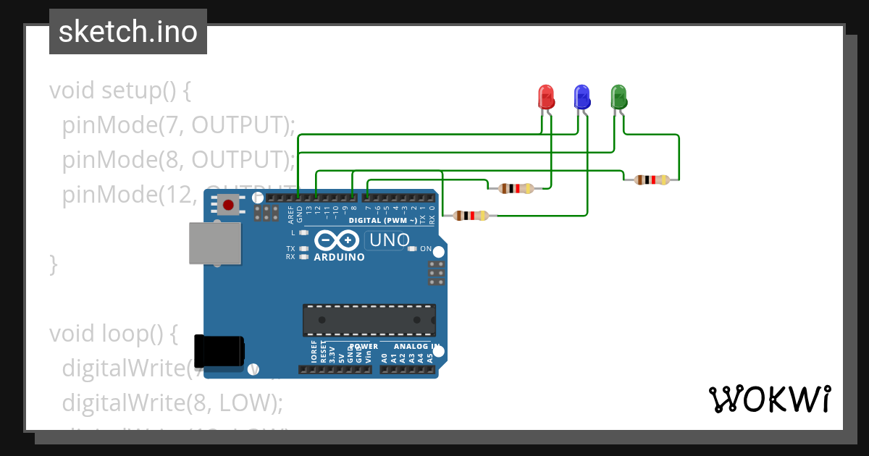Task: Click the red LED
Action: [545, 97]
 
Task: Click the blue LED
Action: [582, 97]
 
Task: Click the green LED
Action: [618, 97]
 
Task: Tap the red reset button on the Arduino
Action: [228, 206]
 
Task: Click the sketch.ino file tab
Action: [128, 32]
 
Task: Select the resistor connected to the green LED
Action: [650, 180]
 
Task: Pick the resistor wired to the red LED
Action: [516, 189]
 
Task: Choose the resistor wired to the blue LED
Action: [470, 215]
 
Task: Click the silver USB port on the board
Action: [214, 242]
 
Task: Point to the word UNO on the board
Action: [389, 240]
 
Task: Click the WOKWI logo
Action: [768, 399]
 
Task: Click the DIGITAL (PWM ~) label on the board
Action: [382, 220]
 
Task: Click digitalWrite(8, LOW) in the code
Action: [172, 402]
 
